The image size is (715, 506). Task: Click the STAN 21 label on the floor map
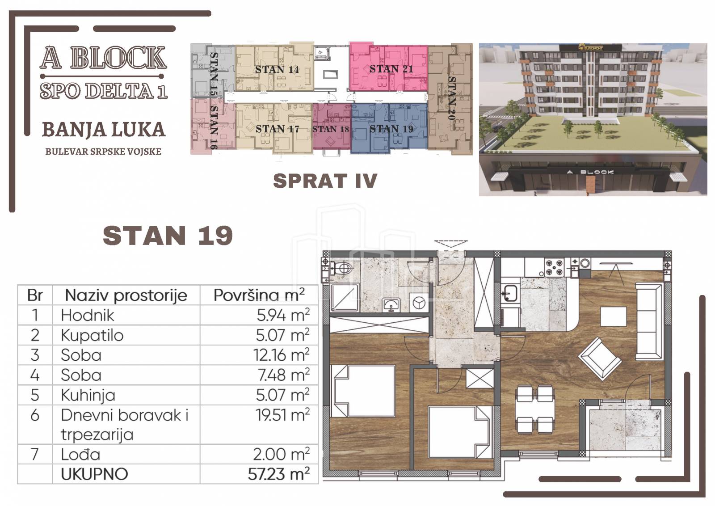click(x=391, y=69)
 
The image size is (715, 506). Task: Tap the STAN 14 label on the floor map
click(x=277, y=69)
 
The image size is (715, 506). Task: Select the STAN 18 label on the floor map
click(x=331, y=129)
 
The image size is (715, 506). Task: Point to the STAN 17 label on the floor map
click(x=278, y=129)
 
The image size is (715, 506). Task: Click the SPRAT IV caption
click(x=325, y=181)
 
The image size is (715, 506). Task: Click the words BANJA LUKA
click(x=104, y=129)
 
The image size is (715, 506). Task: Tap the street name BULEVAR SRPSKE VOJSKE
click(x=103, y=152)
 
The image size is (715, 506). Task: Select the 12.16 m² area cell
click(x=282, y=354)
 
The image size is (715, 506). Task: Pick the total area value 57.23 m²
click(x=279, y=474)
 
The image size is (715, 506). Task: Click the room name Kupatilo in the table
click(x=92, y=335)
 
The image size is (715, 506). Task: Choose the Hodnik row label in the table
click(x=88, y=315)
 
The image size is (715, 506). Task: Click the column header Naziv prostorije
click(x=126, y=295)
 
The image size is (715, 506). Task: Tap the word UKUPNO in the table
click(x=94, y=474)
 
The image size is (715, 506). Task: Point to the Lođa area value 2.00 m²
click(x=282, y=454)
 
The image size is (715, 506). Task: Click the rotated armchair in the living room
click(x=600, y=359)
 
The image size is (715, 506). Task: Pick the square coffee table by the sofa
click(x=613, y=316)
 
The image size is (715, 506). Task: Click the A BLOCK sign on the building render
click(x=590, y=172)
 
